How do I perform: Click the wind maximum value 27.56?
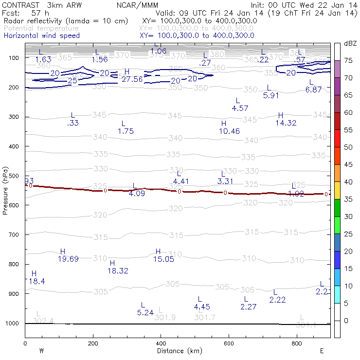[132, 79]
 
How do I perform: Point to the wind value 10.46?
[229, 131]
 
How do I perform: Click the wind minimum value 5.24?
[145, 312]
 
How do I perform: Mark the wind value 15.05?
[163, 259]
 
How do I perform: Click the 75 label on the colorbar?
[349, 60]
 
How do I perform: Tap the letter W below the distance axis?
[42, 351]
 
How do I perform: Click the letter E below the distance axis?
[322, 351]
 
